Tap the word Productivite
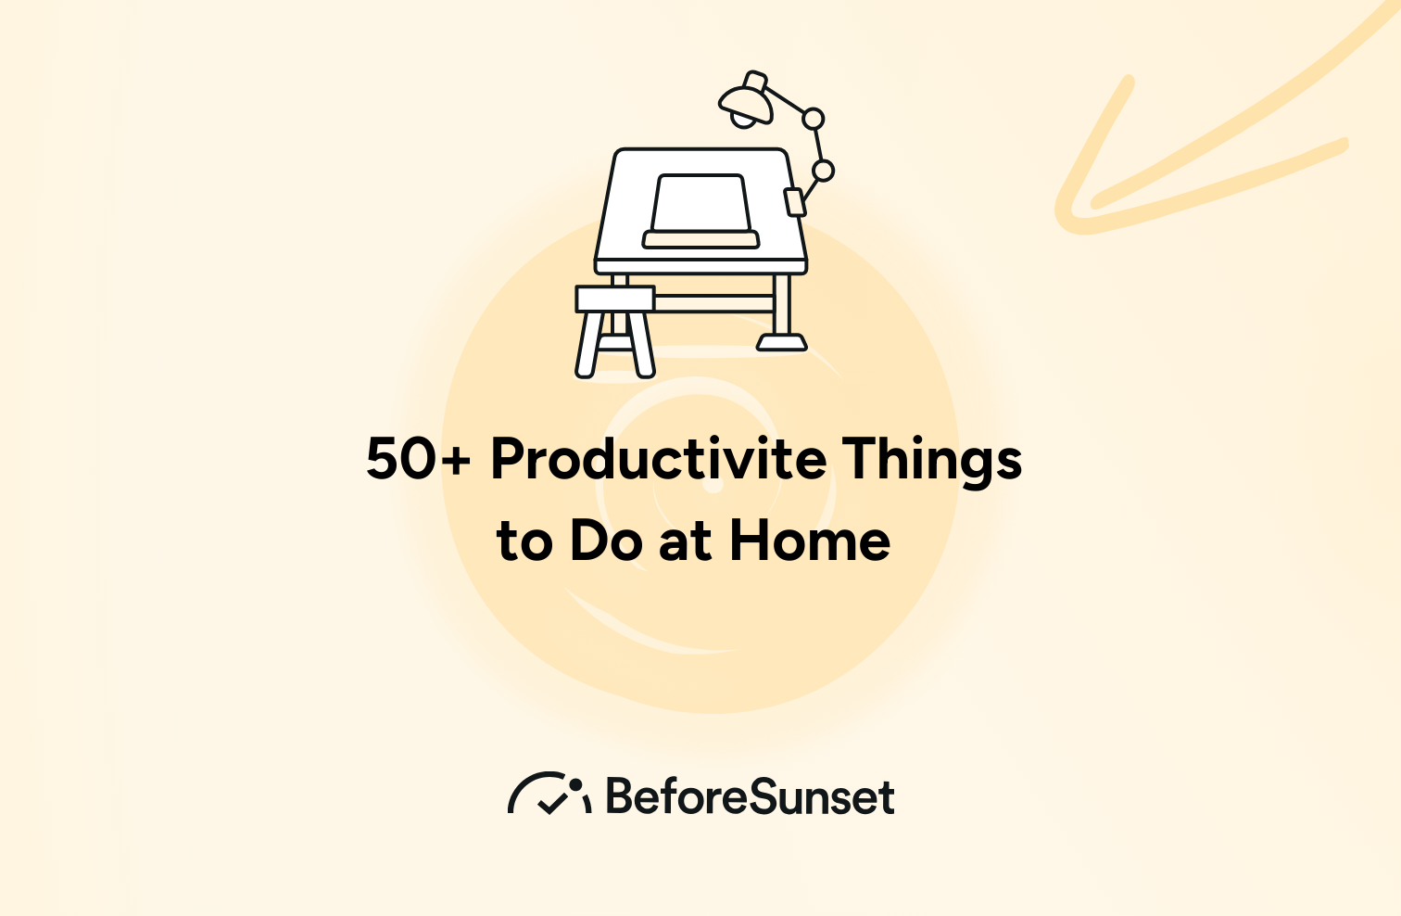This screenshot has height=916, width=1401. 658,459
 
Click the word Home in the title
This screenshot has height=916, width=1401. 810,541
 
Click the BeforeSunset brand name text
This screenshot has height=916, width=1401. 751,797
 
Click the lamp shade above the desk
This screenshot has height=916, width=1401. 746,98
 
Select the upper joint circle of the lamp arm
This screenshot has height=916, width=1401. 813,119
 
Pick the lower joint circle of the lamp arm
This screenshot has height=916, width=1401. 823,171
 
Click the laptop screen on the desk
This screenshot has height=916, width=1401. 700,203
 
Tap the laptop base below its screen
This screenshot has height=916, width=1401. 701,240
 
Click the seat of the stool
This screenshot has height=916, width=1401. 615,299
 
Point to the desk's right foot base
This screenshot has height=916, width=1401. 782,344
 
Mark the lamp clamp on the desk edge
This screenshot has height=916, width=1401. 795,201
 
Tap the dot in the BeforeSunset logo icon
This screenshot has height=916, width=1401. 575,784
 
